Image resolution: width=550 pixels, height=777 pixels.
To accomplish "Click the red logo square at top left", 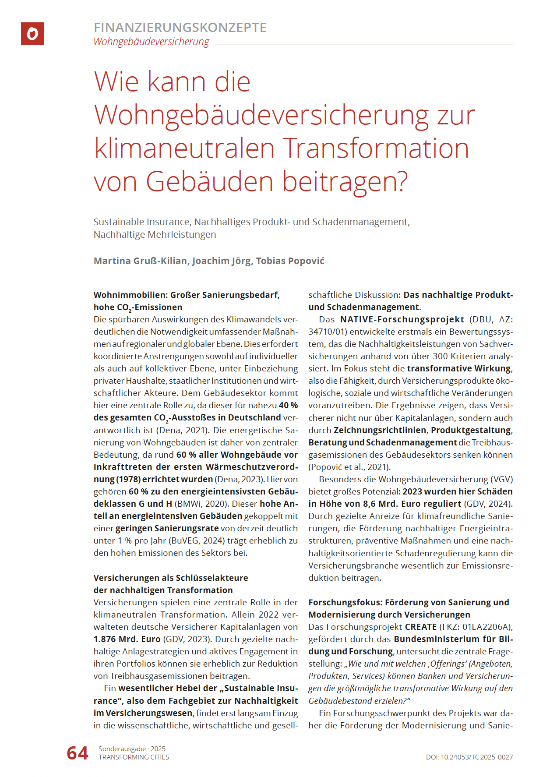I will click(32, 34).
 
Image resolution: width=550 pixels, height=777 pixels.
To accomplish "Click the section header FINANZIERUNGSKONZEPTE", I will click(180, 28).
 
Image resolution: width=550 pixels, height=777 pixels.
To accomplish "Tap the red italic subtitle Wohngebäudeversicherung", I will click(151, 42).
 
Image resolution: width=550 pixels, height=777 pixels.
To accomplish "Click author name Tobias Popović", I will click(290, 261).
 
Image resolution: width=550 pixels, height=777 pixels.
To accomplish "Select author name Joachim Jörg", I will click(222, 261).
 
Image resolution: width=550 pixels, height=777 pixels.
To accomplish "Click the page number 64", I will click(78, 753).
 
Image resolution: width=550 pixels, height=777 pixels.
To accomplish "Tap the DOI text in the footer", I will click(469, 757).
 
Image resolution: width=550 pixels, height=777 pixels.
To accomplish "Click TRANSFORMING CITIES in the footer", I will click(134, 757).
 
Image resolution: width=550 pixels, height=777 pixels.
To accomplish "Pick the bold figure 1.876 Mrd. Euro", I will click(127, 639).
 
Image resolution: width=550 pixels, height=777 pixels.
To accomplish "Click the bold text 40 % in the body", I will click(288, 405).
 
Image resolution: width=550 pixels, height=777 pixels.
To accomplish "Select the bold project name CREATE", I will click(421, 627).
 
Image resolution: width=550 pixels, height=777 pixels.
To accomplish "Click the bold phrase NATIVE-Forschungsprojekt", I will click(402, 319).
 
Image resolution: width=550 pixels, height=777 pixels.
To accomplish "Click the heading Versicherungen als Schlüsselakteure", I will click(171, 578).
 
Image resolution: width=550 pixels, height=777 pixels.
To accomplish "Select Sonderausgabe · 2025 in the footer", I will click(132, 749).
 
